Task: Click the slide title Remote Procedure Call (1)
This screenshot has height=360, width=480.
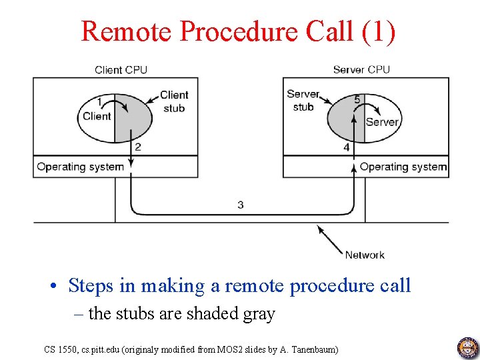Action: coord(239,31)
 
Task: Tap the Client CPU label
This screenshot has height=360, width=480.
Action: coord(121,69)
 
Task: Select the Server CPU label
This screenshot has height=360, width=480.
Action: coord(361,69)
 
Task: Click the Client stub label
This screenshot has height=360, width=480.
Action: coord(174,101)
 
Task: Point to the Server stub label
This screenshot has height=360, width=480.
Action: coord(303,100)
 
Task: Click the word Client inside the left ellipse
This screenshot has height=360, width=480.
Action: coord(97,116)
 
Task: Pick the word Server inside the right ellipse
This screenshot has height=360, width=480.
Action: coord(382,122)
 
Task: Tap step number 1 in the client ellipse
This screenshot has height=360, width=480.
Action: coord(99,102)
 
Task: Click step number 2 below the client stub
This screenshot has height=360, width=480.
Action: coord(137,147)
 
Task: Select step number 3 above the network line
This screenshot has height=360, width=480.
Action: coord(240,205)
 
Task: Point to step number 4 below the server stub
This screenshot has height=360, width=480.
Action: coord(347,147)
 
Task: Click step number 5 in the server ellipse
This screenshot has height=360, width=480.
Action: coord(357,99)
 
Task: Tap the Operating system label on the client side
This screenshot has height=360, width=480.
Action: coord(81,167)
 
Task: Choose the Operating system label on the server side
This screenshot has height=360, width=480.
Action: coord(403,167)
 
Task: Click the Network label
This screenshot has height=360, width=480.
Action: coord(365,255)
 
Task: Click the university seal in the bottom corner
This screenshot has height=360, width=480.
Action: coord(467,347)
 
